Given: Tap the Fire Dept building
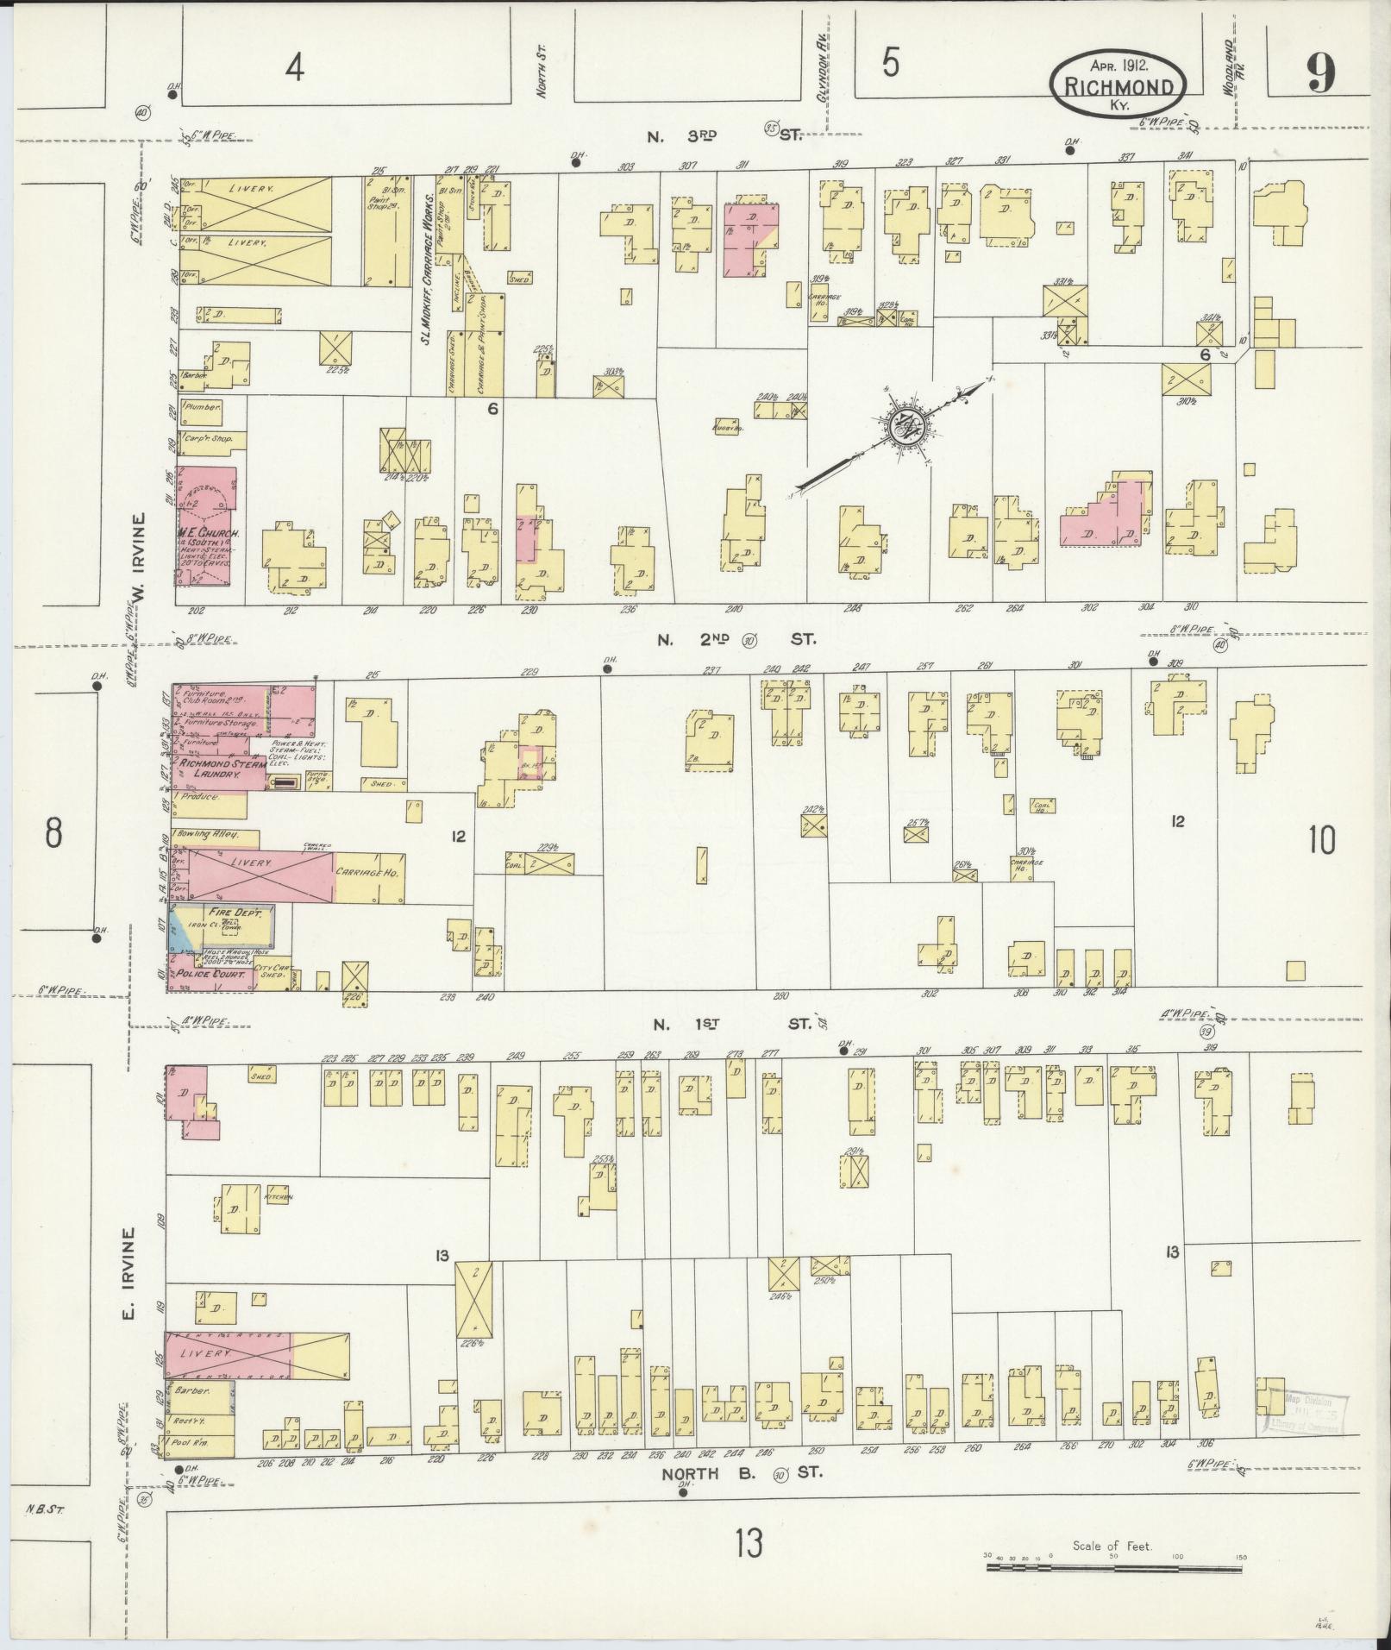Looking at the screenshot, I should pyautogui.click(x=222, y=926).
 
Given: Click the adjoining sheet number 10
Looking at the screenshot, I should pyautogui.click(x=1322, y=838).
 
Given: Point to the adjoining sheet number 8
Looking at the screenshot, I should pyautogui.click(x=53, y=833).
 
